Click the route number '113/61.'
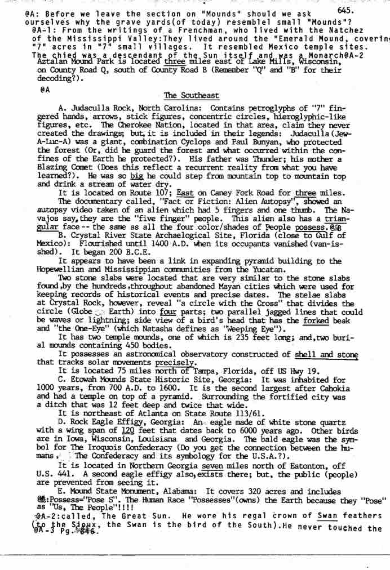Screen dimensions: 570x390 click(x=203, y=413)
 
